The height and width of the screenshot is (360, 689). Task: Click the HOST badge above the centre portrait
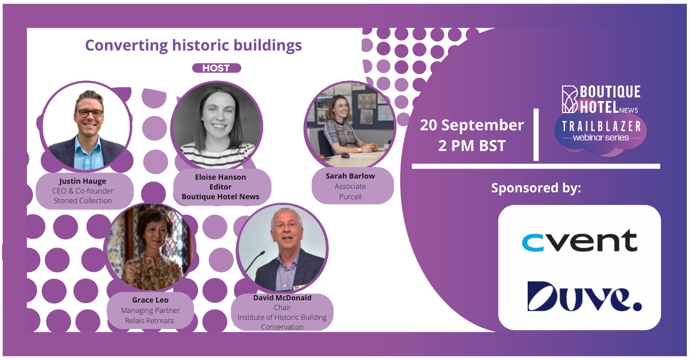pyautogui.click(x=216, y=68)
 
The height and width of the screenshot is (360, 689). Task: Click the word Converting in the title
pyautogui.click(x=126, y=45)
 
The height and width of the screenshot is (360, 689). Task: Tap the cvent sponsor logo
pyautogui.click(x=579, y=241)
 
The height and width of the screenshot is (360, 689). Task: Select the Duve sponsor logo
pyautogui.click(x=585, y=296)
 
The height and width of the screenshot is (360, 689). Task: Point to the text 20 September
pyautogui.click(x=472, y=125)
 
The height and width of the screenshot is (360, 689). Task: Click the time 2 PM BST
pyautogui.click(x=472, y=145)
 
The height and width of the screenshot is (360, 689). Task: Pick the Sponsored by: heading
pyautogui.click(x=536, y=188)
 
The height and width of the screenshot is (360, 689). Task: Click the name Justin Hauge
pyautogui.click(x=83, y=181)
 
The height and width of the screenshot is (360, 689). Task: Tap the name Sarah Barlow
pyautogui.click(x=350, y=176)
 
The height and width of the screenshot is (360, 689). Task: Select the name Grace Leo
pyautogui.click(x=150, y=300)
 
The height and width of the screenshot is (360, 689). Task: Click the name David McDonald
pyautogui.click(x=282, y=298)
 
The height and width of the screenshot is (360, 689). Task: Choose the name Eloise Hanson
pyautogui.click(x=220, y=177)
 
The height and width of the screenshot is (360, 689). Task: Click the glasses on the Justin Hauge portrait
pyautogui.click(x=90, y=113)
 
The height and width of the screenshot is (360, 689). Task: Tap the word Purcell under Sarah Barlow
pyautogui.click(x=350, y=196)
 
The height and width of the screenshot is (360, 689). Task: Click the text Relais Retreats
pyautogui.click(x=149, y=320)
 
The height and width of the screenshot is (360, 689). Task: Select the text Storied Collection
pyautogui.click(x=83, y=200)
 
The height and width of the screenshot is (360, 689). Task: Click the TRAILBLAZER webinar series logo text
pyautogui.click(x=601, y=131)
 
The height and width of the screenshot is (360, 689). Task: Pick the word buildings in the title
pyautogui.click(x=268, y=45)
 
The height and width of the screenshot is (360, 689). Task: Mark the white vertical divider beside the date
pyautogui.click(x=536, y=135)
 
